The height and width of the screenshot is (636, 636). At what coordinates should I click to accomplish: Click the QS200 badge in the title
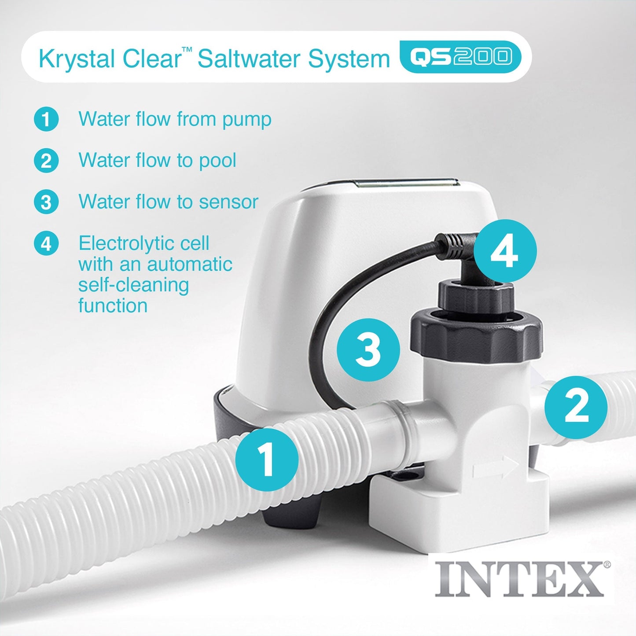460,57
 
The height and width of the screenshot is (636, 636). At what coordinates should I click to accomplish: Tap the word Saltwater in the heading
250,59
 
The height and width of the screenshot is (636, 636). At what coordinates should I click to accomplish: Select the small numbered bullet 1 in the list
46,119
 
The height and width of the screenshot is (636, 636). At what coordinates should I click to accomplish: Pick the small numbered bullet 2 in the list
46,161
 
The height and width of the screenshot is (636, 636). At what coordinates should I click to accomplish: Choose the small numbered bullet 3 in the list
46,202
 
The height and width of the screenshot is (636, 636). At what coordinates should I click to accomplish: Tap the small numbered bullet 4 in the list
46,243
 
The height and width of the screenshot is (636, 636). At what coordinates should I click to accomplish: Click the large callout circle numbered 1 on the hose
267,460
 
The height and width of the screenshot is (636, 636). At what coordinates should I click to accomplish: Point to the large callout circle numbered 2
576,407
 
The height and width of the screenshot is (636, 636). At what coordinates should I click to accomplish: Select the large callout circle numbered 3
368,350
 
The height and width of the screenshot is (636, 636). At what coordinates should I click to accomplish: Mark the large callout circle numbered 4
505,251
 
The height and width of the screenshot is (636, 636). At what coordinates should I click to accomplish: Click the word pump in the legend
246,120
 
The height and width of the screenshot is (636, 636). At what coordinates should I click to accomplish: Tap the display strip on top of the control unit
407,183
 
